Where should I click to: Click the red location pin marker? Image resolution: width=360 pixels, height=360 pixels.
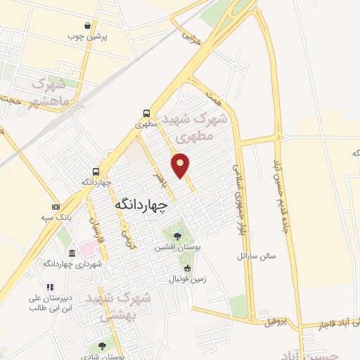point(181,165)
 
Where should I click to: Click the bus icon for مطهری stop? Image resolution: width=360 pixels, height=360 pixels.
point(146,112)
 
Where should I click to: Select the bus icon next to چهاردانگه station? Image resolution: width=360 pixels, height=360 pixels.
point(96,171)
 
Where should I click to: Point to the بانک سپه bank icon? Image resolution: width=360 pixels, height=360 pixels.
point(56,207)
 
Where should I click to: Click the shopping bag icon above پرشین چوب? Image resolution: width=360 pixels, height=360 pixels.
point(86,25)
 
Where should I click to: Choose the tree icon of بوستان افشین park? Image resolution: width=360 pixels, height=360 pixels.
point(176,235)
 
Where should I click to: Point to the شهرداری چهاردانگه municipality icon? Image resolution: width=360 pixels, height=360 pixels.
point(69,253)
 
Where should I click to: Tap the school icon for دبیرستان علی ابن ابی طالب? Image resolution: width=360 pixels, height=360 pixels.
point(49,287)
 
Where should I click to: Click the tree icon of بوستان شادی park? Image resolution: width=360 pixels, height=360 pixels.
point(103,346)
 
